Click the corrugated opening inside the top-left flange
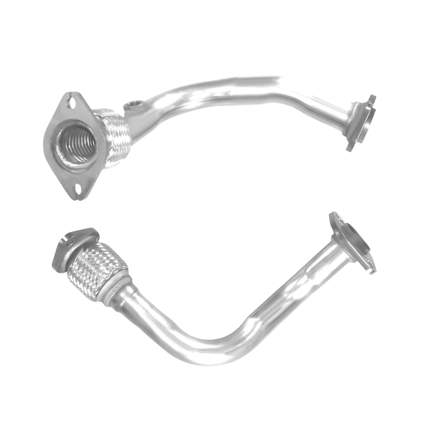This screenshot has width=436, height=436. point(77,145)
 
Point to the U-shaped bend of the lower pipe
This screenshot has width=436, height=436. point(217,347)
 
